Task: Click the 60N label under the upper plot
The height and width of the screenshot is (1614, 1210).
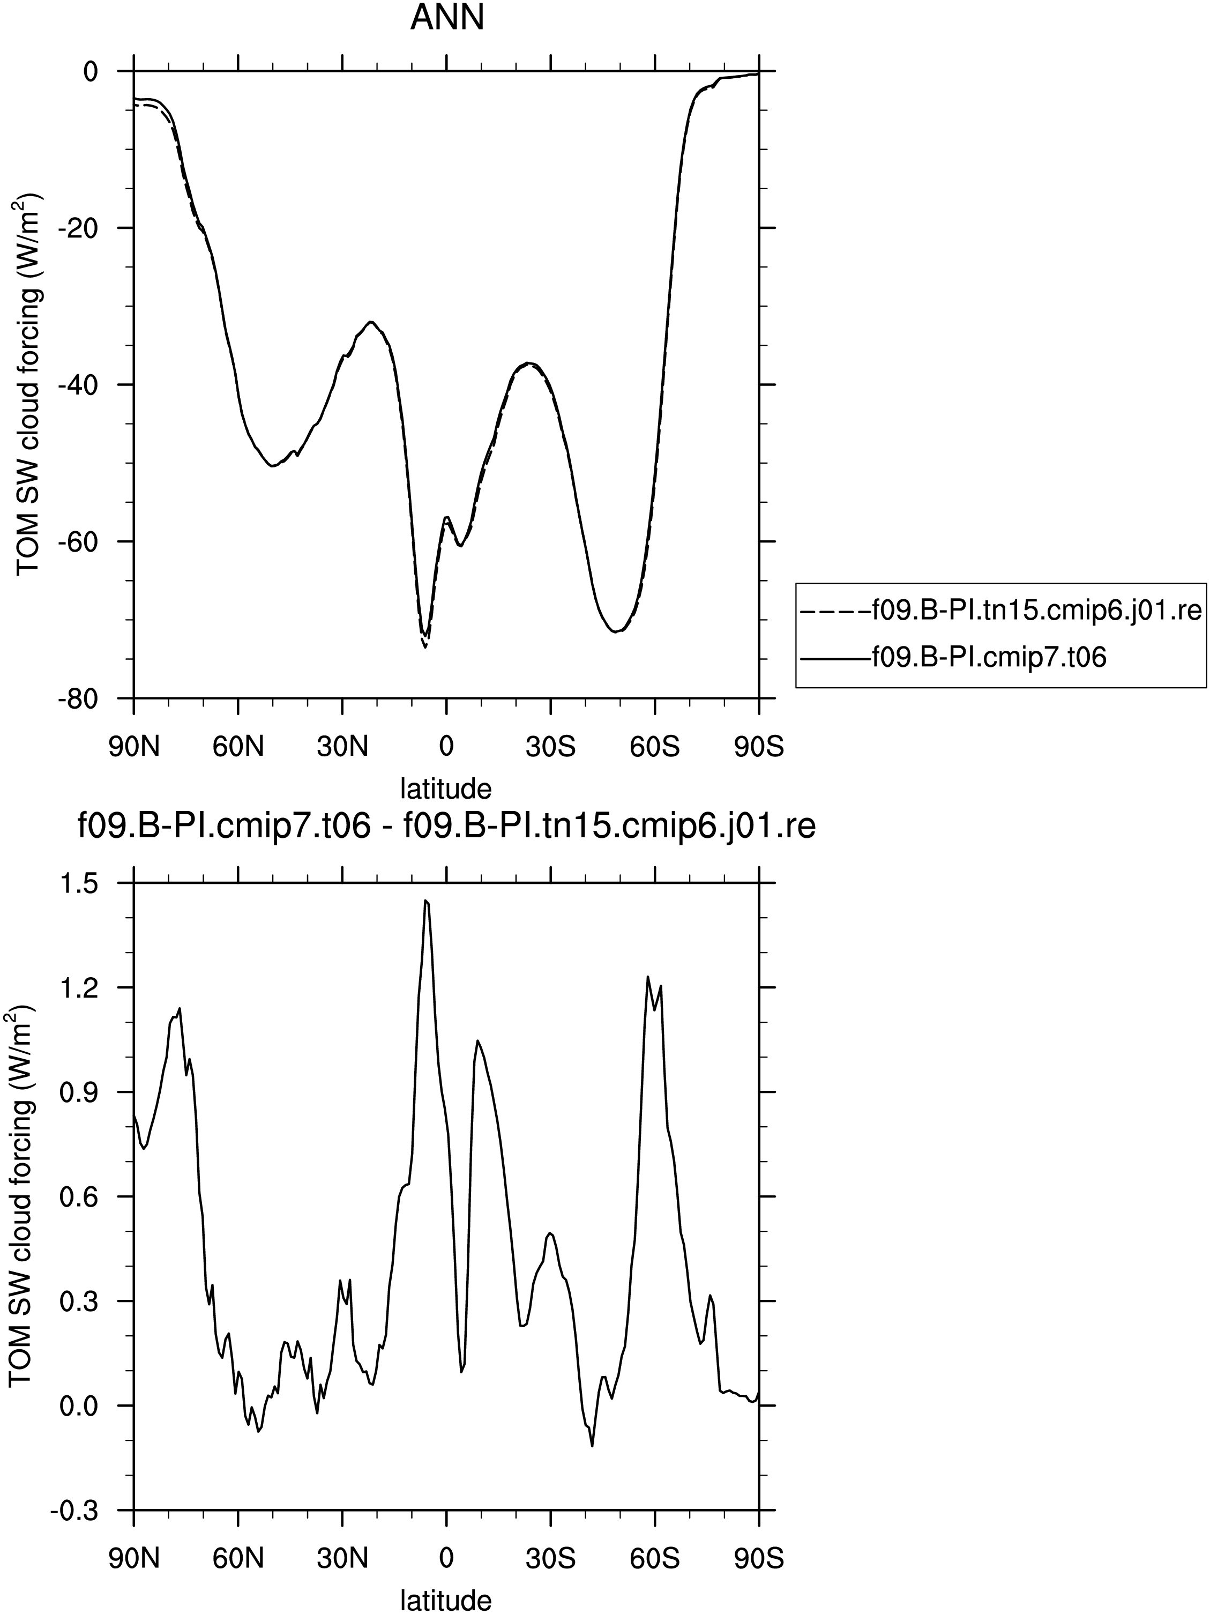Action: [238, 748]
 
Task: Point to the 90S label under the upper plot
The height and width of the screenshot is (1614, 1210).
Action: [759, 748]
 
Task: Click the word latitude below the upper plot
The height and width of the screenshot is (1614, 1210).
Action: [446, 788]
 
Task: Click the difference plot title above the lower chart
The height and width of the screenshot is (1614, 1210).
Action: [446, 828]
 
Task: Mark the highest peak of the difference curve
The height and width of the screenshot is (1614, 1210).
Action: [425, 901]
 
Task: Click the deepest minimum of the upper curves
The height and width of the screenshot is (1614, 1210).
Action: [424, 647]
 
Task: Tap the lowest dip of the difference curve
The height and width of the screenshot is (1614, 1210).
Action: [592, 1446]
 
